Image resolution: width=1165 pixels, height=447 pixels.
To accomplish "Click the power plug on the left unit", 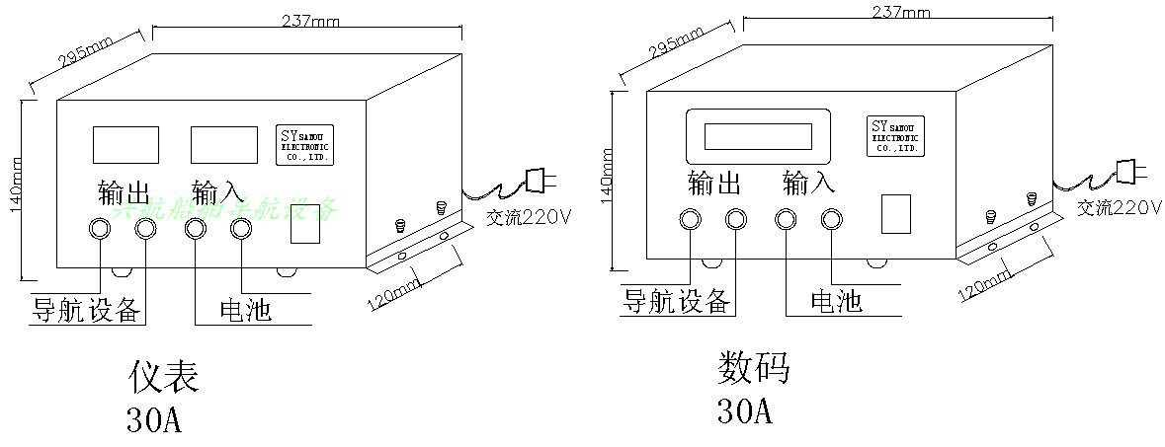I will [536, 180].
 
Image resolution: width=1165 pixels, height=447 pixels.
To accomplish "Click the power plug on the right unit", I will [1127, 171].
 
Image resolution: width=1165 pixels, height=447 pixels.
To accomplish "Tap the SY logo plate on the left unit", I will [309, 145].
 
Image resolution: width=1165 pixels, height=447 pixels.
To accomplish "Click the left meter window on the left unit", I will [125, 144].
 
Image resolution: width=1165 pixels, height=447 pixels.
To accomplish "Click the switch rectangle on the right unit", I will [895, 214].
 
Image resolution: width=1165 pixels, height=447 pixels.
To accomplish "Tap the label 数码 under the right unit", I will [753, 368].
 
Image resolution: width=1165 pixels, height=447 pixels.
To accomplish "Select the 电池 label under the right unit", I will [836, 300].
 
